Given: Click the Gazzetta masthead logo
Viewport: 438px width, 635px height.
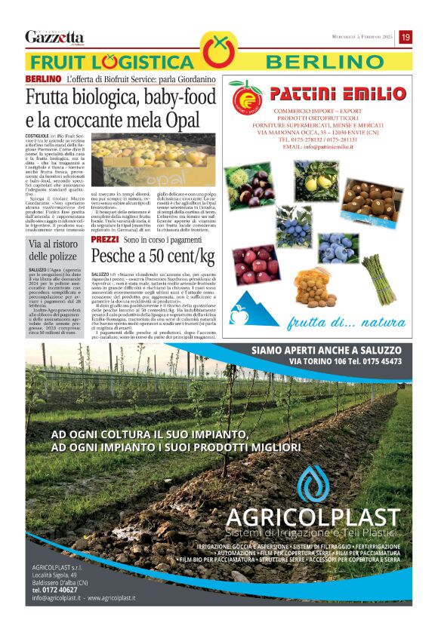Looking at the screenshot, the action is coord(54,37).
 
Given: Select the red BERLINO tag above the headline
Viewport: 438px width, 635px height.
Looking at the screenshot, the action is coord(43,79).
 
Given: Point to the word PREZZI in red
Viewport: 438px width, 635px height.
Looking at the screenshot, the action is coord(104,239).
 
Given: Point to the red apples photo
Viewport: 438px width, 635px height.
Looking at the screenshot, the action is coord(256,265).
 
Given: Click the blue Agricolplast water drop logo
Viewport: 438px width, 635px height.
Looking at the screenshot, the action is coord(312,483).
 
